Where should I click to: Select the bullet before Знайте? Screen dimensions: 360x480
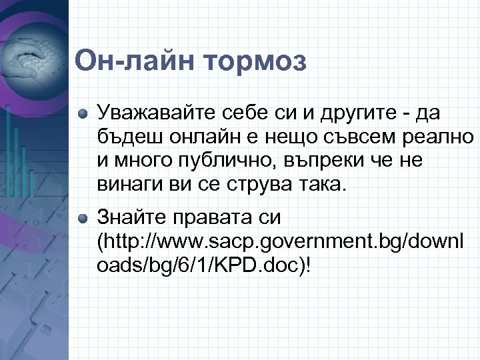(x=82, y=218)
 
